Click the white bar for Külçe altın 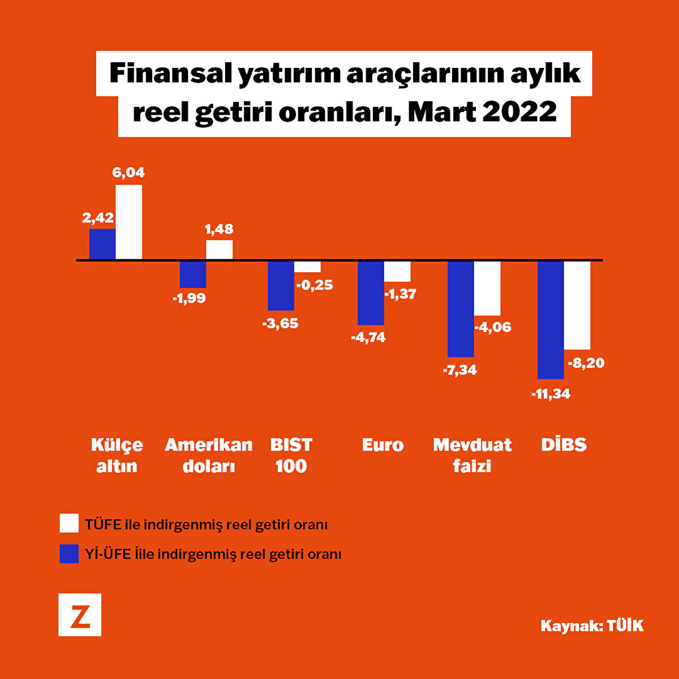pos(129,222)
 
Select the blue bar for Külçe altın pos(102,244)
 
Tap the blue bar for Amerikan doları pos(193,274)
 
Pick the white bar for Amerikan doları pos(219,250)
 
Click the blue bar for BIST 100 pos(281,286)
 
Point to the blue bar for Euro pos(371,293)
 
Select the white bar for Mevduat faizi pos(487,288)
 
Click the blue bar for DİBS pos(551,320)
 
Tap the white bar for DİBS pos(577,305)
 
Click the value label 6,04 pos(128,173)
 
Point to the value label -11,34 pos(551,394)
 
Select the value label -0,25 pos(315,285)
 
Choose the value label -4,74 pos(368,337)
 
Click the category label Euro pos(383,445)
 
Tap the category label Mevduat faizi pos(472,455)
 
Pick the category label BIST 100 pos(291,455)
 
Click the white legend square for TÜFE pos(69,523)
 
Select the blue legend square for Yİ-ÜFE pos(69,553)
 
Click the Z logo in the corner pos(80,615)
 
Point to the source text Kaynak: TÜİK pos(592,625)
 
